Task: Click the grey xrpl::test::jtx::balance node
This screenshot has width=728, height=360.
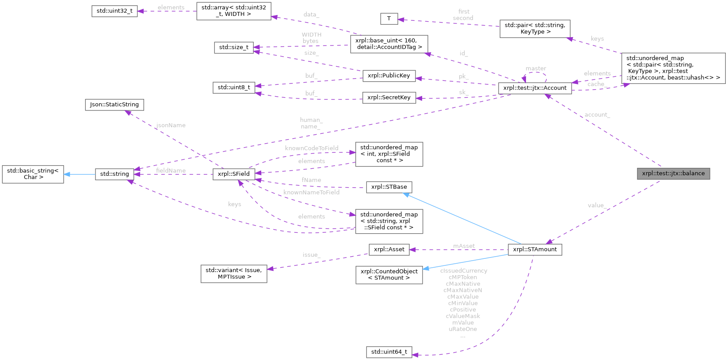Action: point(673,173)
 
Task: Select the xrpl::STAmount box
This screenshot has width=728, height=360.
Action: point(534,250)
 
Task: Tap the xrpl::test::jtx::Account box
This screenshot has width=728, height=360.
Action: point(534,88)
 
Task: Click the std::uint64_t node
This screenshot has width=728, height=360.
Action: point(389,352)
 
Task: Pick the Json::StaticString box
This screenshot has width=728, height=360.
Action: point(114,105)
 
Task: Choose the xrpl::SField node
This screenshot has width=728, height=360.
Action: point(233,174)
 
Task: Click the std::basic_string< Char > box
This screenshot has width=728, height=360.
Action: point(33,174)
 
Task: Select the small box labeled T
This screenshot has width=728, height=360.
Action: point(389,19)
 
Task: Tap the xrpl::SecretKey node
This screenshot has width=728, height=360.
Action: point(389,98)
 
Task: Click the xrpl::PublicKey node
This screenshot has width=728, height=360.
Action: point(389,76)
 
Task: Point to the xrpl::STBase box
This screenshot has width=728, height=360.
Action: point(389,187)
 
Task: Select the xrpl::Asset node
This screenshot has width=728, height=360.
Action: point(389,250)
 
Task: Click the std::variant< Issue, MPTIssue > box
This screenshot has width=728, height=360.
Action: point(233,273)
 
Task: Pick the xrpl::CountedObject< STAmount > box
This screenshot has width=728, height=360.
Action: point(389,274)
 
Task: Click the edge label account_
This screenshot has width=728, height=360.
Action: point(597,115)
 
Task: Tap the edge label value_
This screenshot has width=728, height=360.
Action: point(597,205)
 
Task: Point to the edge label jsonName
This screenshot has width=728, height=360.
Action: point(171,125)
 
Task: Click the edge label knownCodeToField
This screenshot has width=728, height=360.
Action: point(311,148)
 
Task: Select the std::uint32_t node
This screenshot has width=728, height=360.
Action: point(114,11)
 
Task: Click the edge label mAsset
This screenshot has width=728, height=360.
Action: point(464,246)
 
